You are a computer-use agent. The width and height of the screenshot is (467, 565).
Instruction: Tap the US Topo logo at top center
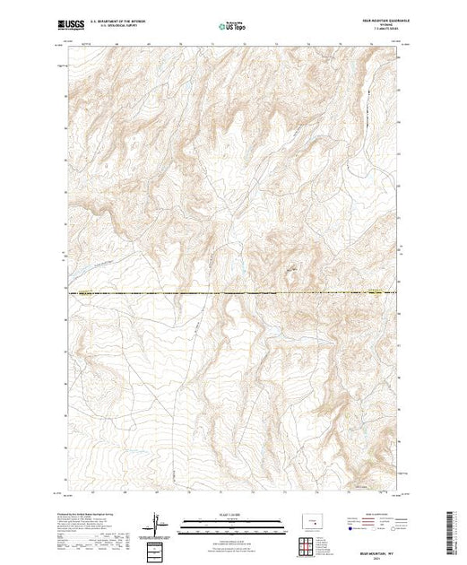coord(233,27)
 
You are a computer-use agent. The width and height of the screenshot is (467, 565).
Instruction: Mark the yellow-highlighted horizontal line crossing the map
coord(233,291)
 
